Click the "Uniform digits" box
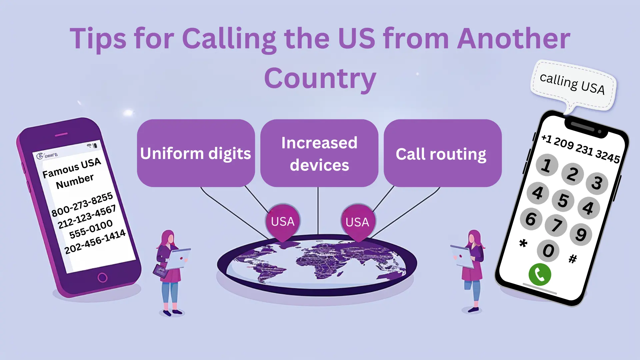point(196,153)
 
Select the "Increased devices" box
point(319,153)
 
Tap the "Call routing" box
point(442,153)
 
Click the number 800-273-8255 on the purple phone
point(82,204)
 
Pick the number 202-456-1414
point(95,241)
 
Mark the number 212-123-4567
point(87,217)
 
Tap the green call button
point(540,275)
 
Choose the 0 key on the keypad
point(548,251)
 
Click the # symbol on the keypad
point(572,259)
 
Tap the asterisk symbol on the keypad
point(523,243)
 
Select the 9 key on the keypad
point(581,234)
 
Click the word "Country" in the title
point(320,79)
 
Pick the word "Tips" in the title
point(98,39)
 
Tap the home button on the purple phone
point(102,277)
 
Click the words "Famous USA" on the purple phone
point(72,168)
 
